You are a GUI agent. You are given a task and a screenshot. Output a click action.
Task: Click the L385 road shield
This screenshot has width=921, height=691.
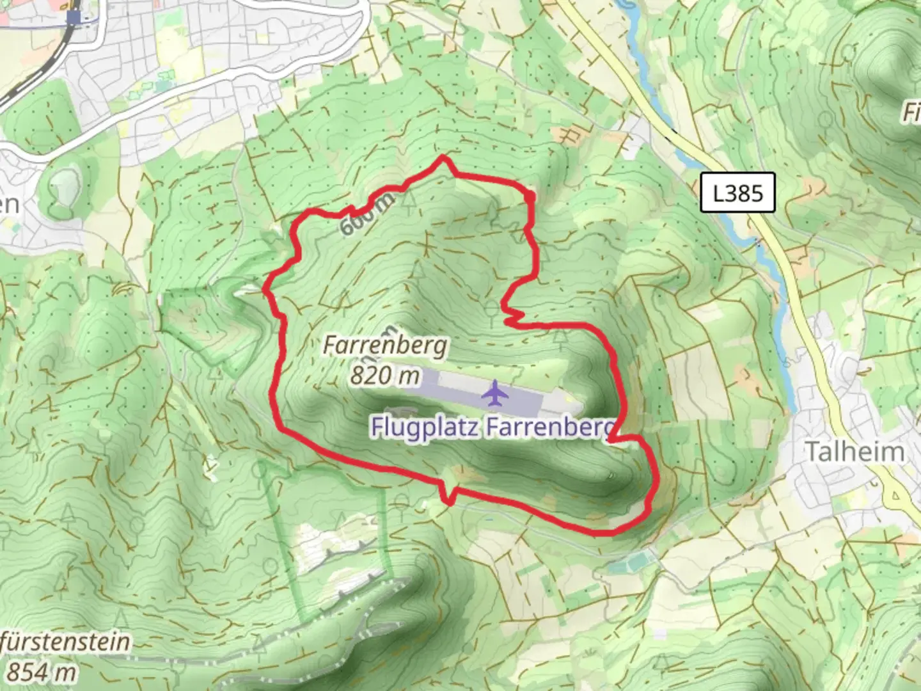pos(737,193)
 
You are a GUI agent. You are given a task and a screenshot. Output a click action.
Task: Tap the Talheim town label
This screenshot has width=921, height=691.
pos(854,452)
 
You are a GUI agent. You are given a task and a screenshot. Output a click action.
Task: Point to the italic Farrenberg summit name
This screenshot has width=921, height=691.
pos(384,346)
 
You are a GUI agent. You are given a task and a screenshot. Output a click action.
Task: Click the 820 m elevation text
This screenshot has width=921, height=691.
pos(384,376)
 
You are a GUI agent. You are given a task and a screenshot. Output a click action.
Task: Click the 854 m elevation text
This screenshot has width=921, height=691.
pos(41,672)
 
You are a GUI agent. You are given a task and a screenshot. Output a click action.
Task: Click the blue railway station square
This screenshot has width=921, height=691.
pos(77,17)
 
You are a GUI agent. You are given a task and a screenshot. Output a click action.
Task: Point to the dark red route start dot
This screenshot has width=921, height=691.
pos(530,196)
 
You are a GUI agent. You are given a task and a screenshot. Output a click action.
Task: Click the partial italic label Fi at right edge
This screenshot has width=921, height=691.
pos(911,112)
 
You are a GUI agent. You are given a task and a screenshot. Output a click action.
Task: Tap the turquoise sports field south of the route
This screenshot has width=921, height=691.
pos(630,564)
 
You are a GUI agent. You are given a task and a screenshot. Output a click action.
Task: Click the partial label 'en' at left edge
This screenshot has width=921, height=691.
pos(9,205)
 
